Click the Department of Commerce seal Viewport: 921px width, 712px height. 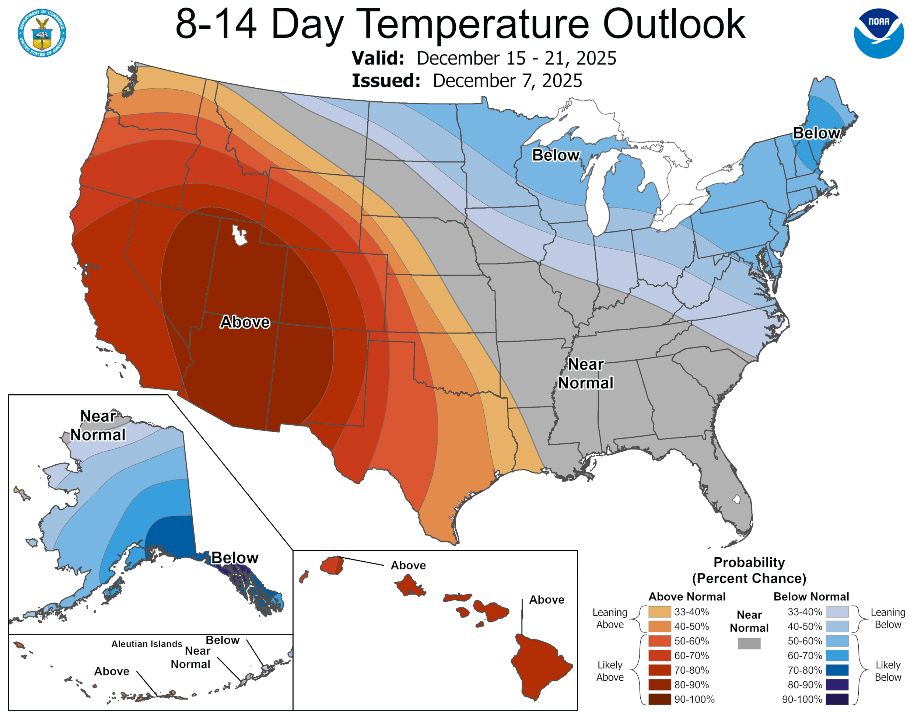[x=42, y=33]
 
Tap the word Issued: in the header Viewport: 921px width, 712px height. [x=386, y=81]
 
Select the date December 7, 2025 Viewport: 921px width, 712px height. [x=507, y=81]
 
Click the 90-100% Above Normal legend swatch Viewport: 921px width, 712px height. [x=659, y=699]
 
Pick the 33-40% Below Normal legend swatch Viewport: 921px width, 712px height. [x=837, y=612]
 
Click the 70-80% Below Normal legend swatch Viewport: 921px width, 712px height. [x=837, y=670]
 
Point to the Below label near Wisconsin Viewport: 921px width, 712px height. [x=556, y=155]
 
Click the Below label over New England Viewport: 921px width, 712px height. [x=816, y=133]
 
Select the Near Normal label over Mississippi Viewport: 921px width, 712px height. [x=585, y=374]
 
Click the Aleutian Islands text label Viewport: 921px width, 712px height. [x=147, y=644]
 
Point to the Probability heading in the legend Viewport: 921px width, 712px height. [x=749, y=562]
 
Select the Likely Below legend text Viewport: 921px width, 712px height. [x=888, y=671]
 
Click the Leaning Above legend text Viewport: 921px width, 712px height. [x=610, y=618]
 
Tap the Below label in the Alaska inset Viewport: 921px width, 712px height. [x=234, y=558]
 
